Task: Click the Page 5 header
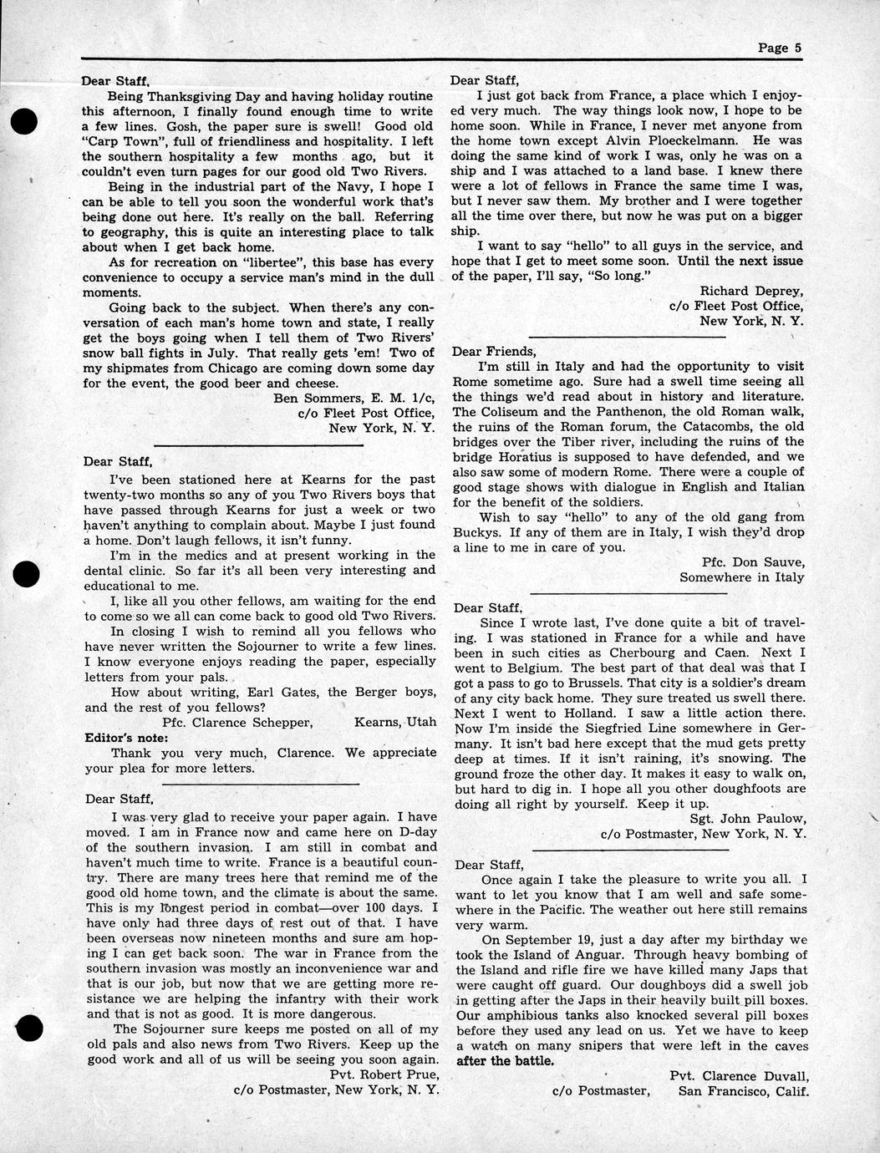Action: (x=779, y=48)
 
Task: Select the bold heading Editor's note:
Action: (x=127, y=738)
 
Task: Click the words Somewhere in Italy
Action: (x=741, y=577)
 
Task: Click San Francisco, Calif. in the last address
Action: (x=744, y=1090)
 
